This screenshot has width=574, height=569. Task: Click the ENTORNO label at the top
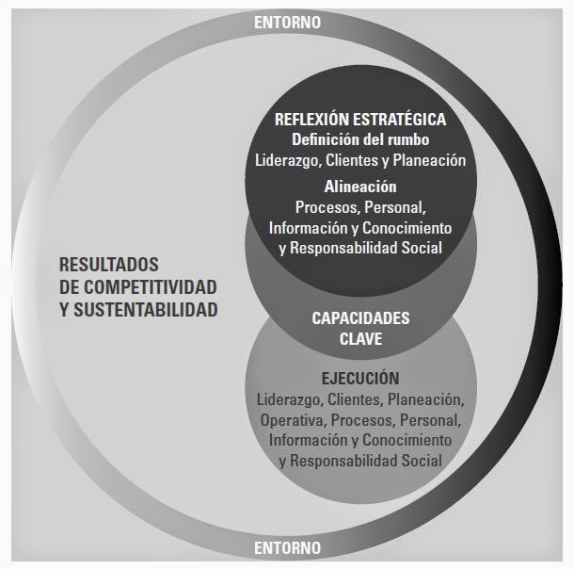coord(288,22)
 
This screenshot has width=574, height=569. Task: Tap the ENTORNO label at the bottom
coord(288,547)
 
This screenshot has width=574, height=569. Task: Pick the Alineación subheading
coord(360,186)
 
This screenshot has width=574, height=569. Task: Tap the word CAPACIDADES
coord(360,318)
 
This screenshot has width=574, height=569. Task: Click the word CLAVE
coord(360,339)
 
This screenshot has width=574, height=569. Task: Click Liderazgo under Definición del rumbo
coord(288,160)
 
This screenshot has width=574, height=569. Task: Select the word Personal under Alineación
coord(394,206)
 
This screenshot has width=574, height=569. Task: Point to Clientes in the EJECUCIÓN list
coord(349,398)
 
